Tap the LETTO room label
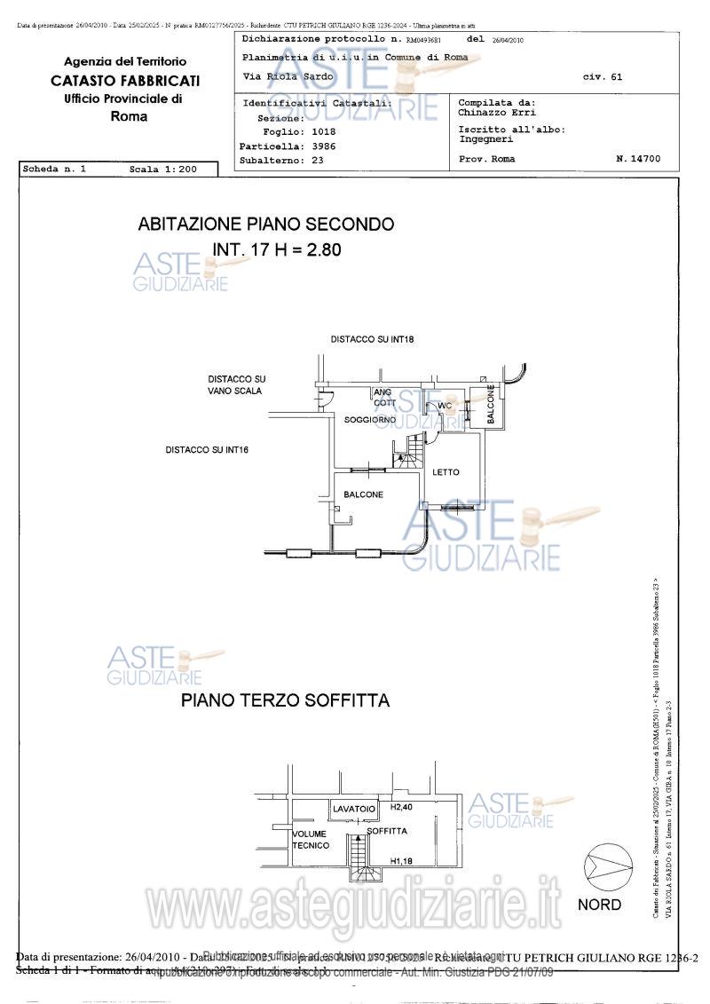(446, 472)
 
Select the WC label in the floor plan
(446, 406)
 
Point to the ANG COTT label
(384, 397)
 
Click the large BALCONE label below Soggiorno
(363, 494)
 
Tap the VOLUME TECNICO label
(311, 840)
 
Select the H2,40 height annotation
(403, 808)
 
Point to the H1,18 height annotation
(403, 860)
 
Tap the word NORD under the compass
(600, 905)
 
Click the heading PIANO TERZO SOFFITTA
(285, 700)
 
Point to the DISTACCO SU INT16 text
(207, 450)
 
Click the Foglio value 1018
(318, 131)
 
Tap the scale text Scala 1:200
(160, 169)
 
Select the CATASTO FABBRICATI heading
(125, 80)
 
